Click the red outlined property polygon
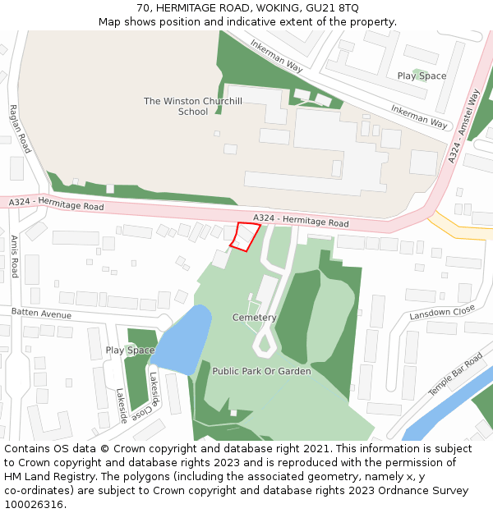coord(244,236)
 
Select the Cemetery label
coord(255,318)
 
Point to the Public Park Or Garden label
coord(261,371)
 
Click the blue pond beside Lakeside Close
coord(183,337)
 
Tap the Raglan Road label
coord(20,129)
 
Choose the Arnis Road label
coord(14,256)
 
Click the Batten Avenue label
coord(41,314)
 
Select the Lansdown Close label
coord(442,313)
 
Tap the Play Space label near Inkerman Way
coord(422,76)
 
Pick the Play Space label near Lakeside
coord(130,350)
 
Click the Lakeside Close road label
coord(154,392)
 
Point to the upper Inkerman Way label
coord(277,57)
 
